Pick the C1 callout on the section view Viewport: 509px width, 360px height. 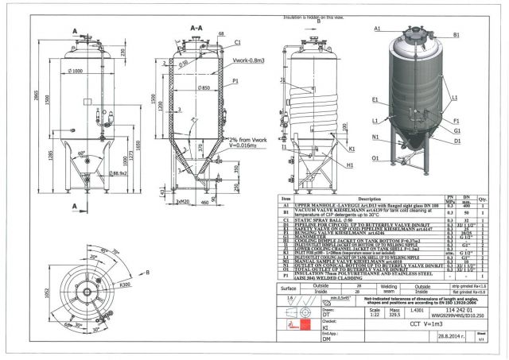pos(238,40)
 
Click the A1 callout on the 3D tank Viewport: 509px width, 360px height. pos(377,29)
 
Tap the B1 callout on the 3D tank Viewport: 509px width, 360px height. pos(456,36)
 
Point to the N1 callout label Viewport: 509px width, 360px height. pos(375,136)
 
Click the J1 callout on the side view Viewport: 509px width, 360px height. pos(283,80)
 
